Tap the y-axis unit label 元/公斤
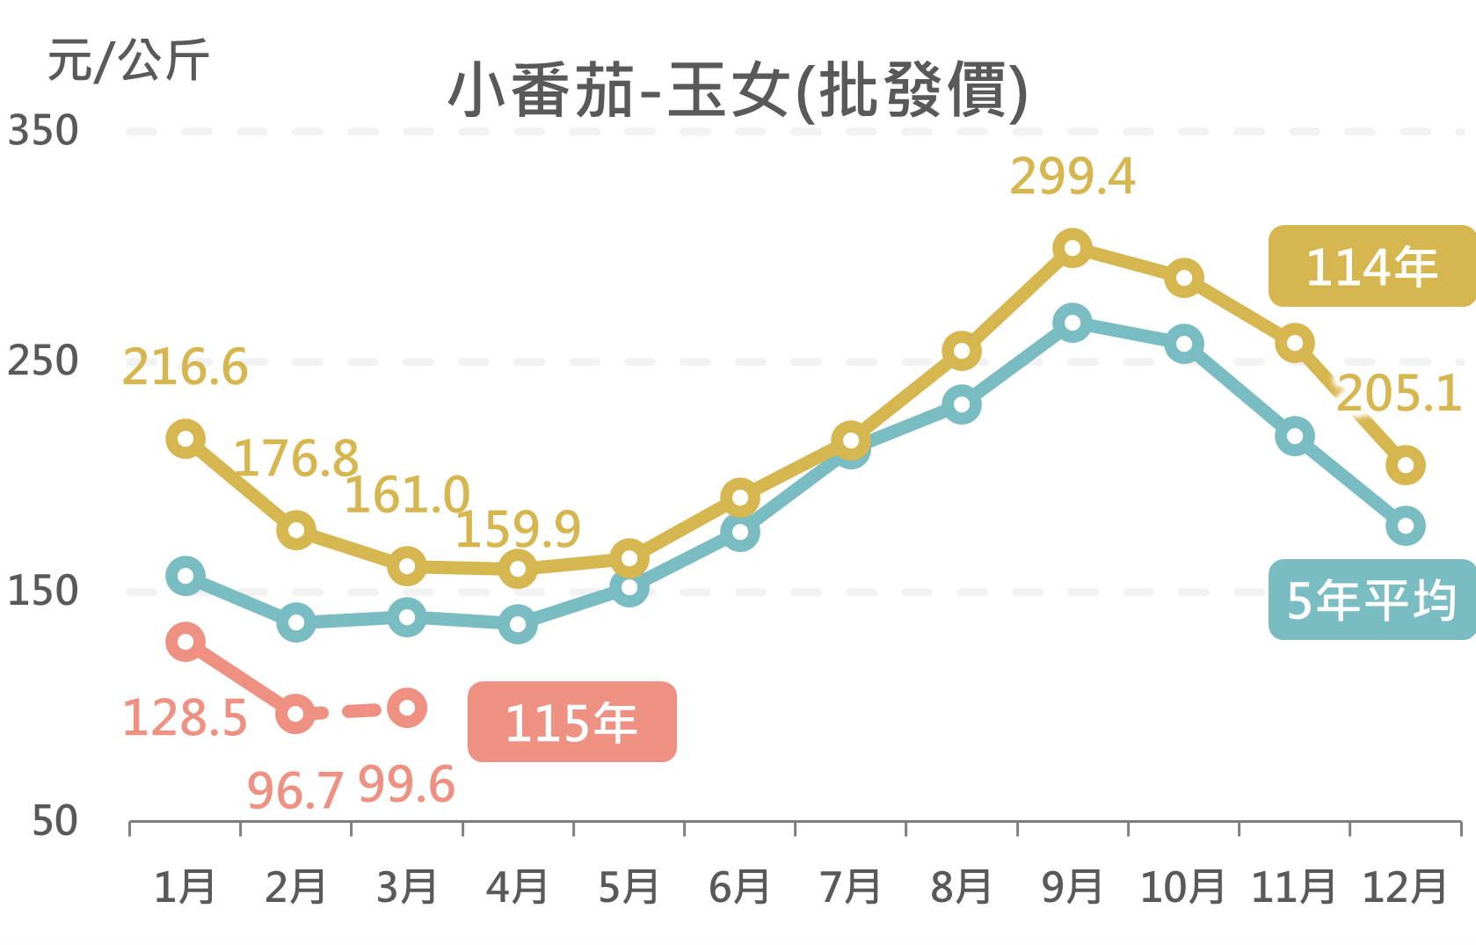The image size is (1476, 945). click(x=127, y=61)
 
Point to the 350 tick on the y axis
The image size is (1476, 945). click(x=43, y=131)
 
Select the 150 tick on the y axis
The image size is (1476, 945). click(x=43, y=591)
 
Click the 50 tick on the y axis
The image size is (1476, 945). click(x=55, y=821)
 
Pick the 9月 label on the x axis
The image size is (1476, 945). click(x=1072, y=886)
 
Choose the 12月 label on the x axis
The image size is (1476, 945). click(x=1404, y=886)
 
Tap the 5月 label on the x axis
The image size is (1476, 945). click(x=629, y=886)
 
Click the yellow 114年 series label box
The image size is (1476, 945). click(x=1371, y=266)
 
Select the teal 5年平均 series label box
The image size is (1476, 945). click(x=1371, y=600)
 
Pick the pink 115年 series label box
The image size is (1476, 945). click(x=571, y=722)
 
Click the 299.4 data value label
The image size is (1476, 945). click(x=1072, y=177)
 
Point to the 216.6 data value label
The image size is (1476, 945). click(x=185, y=367)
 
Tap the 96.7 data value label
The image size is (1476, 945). click(x=294, y=790)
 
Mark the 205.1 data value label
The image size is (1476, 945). click(x=1399, y=394)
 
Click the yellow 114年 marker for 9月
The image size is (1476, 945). click(x=1072, y=249)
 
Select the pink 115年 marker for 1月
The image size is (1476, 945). click(x=185, y=642)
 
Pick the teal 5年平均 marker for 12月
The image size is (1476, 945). click(x=1405, y=527)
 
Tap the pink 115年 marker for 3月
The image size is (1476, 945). click(x=407, y=708)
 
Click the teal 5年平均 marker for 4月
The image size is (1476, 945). click(x=518, y=624)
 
